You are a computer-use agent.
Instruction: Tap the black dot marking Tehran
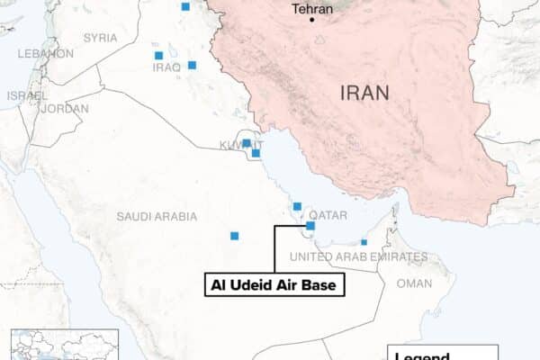coord(313,20)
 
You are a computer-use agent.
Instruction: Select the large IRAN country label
coord(364,92)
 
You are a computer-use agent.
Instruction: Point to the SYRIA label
coord(100,38)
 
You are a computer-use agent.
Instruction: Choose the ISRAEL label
coord(27,95)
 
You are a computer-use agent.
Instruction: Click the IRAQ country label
coord(167,67)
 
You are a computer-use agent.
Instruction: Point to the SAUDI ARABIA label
coord(156,216)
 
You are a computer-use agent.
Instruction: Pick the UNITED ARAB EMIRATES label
coord(358,257)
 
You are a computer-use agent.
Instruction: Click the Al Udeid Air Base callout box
coord(277,285)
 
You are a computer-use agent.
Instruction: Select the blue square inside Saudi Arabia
coord(235,236)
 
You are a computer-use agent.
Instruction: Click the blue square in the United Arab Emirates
coord(364,241)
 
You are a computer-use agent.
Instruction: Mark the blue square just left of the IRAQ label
coord(159,56)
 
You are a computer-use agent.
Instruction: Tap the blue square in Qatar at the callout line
coord(310,226)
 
